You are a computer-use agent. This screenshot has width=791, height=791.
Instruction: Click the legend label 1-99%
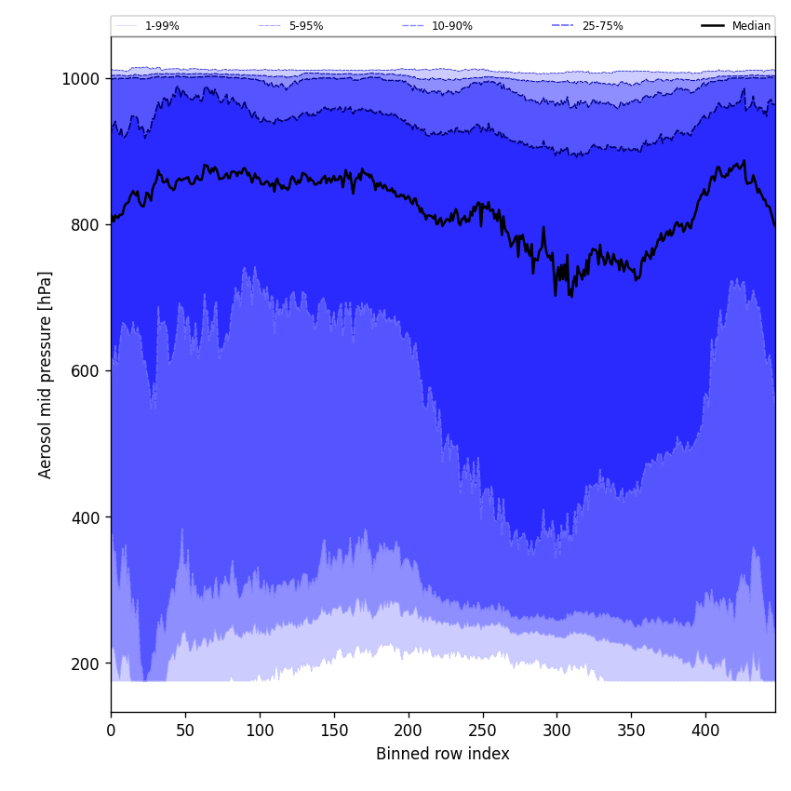click(162, 26)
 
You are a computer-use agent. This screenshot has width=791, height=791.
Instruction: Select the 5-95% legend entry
click(306, 26)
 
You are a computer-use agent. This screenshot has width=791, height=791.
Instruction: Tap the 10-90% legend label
click(451, 26)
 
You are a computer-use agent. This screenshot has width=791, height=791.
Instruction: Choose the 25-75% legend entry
click(602, 26)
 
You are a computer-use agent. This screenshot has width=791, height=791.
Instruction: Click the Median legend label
click(751, 26)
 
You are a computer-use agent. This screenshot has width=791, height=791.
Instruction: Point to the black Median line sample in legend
click(713, 26)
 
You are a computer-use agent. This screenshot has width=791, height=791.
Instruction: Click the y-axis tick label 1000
click(80, 79)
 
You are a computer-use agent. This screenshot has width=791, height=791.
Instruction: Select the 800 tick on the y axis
click(85, 225)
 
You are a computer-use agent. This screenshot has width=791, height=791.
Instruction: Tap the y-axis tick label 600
click(85, 371)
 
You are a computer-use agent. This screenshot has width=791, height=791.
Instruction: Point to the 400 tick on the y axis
click(85, 517)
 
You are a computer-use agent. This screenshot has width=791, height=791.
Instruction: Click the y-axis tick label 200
click(85, 664)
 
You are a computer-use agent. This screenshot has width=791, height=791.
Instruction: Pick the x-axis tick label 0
click(111, 731)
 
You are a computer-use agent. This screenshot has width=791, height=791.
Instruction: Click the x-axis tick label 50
click(185, 731)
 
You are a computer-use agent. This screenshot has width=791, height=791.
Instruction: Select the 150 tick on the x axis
click(334, 731)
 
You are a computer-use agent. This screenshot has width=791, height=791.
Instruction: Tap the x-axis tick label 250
click(482, 731)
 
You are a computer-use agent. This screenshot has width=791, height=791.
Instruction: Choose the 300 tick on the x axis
click(556, 731)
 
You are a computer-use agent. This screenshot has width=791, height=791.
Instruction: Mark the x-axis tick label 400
click(705, 731)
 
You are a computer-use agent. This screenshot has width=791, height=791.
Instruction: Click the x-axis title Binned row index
click(443, 755)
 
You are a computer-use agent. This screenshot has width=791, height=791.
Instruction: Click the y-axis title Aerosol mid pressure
click(46, 374)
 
